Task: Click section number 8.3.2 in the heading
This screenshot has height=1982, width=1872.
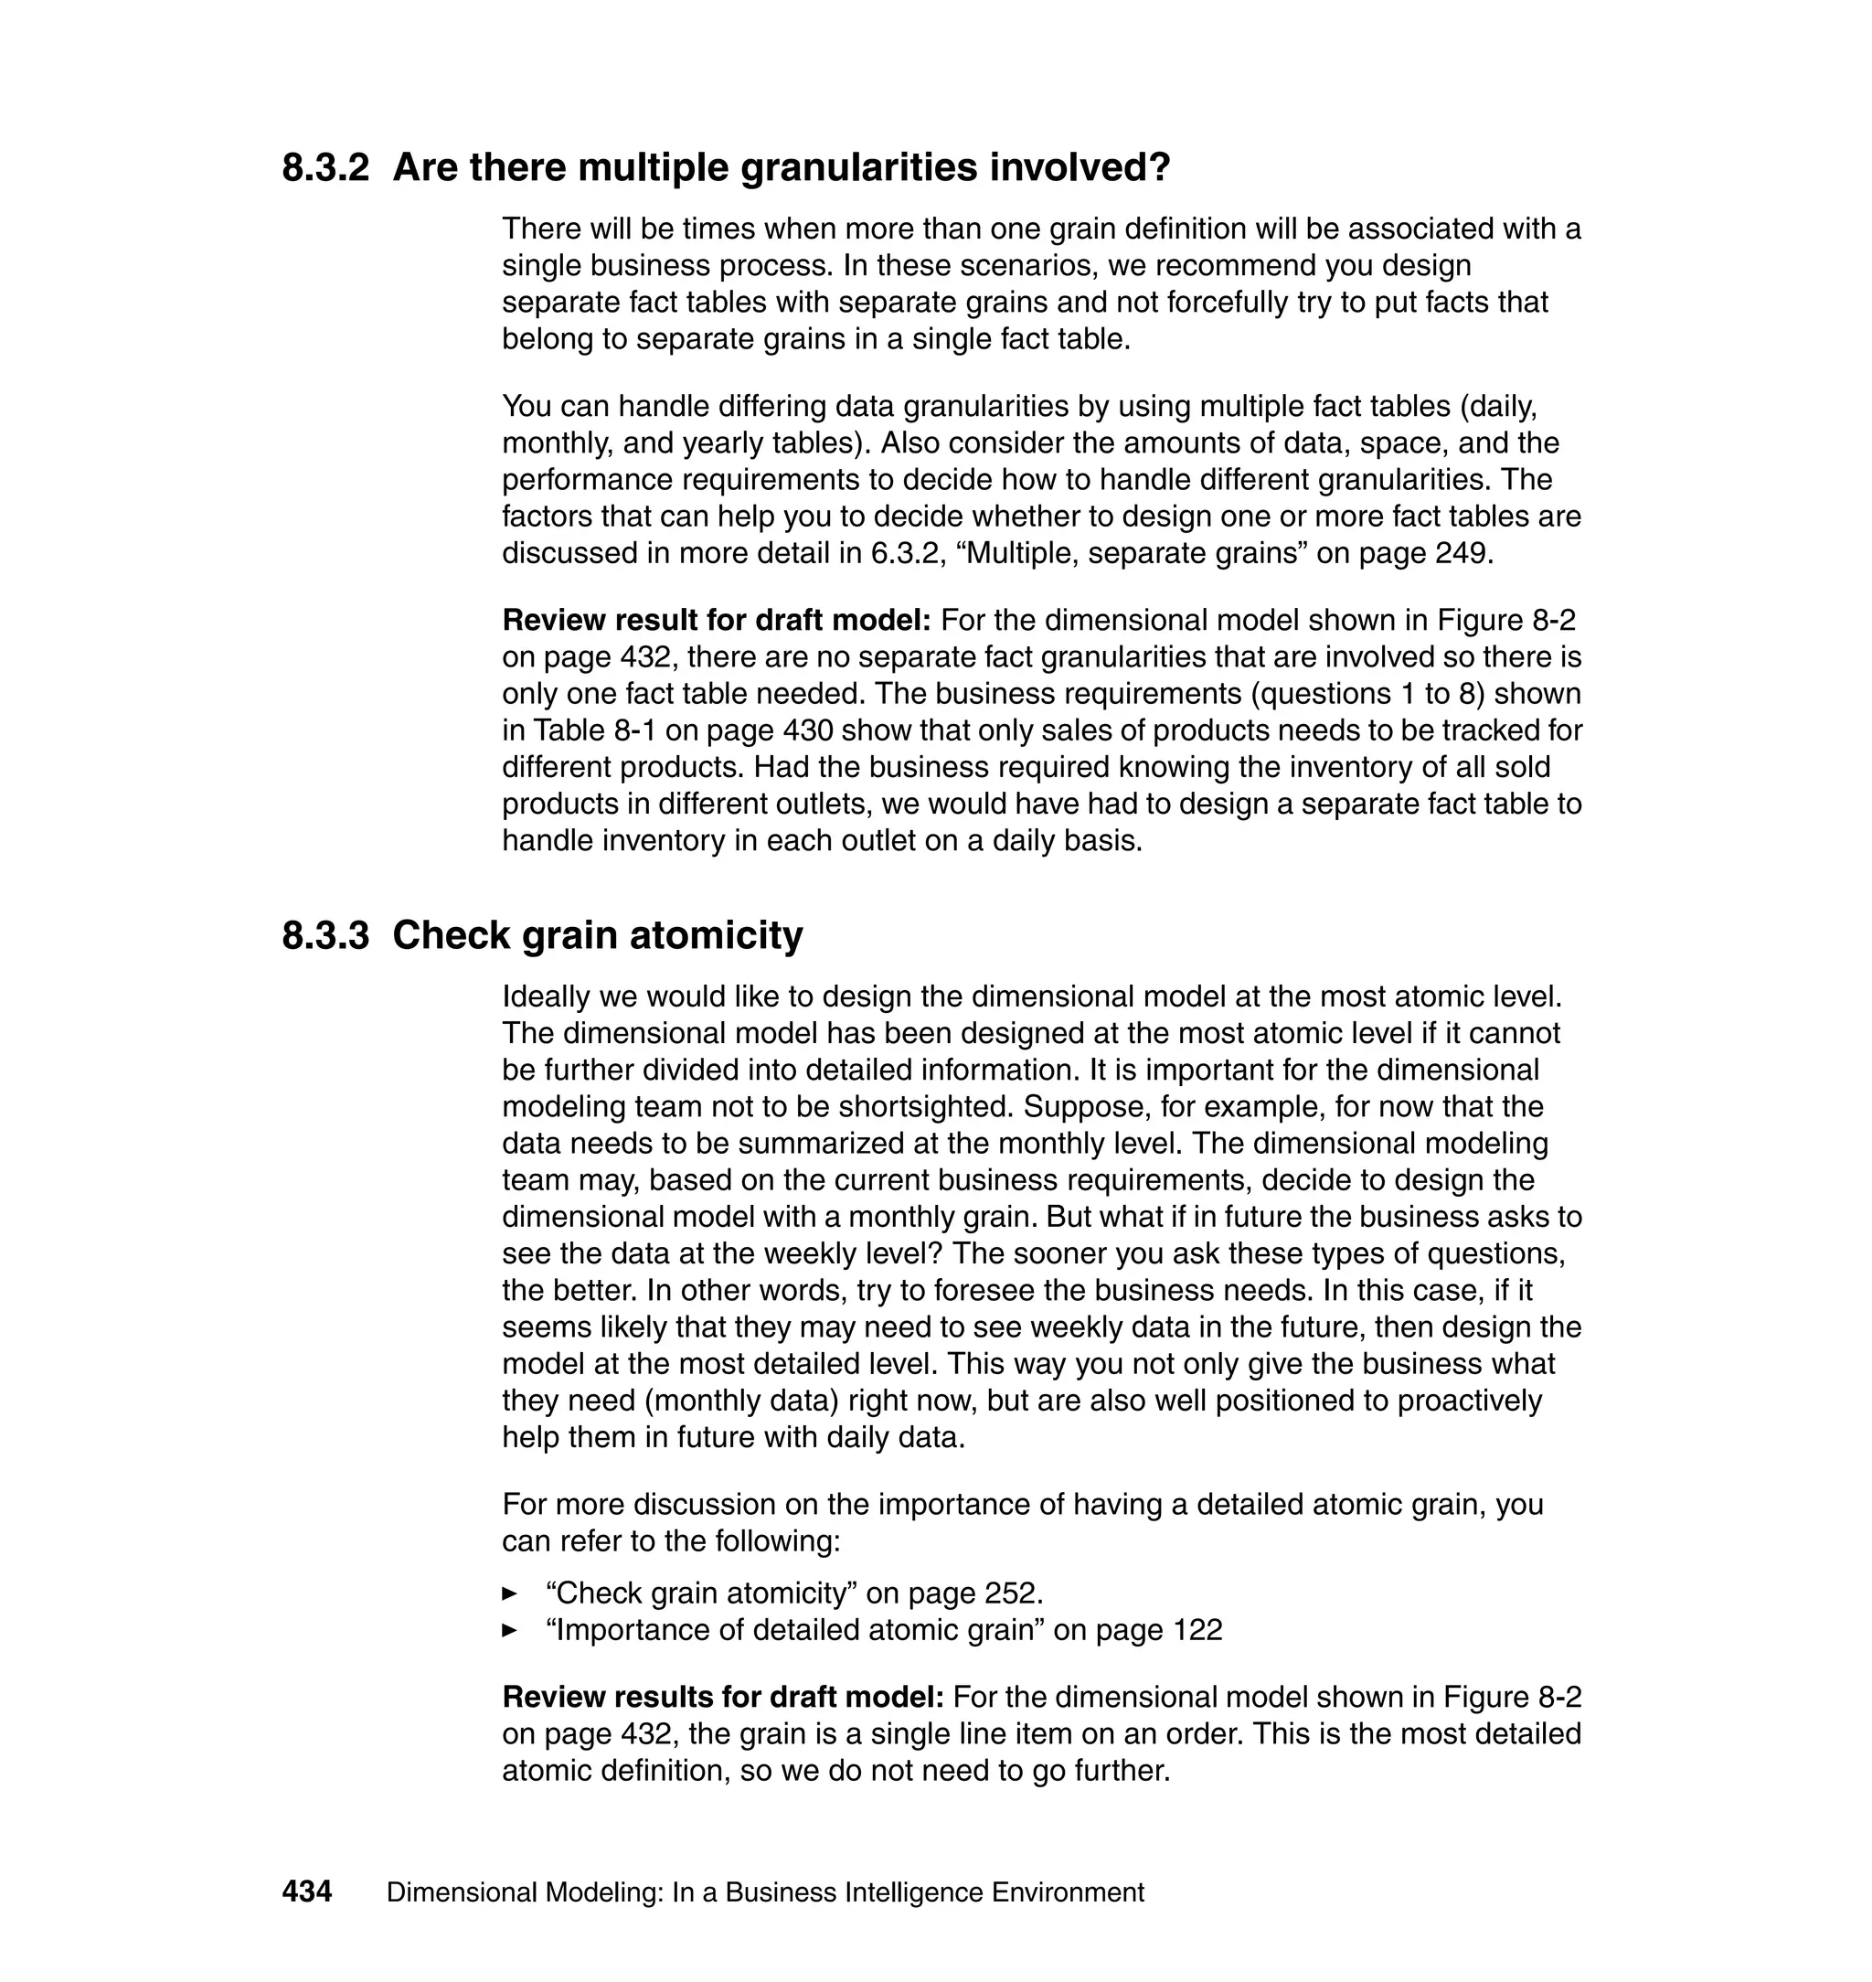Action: pos(325,167)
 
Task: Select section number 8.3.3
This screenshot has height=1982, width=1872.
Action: pos(325,936)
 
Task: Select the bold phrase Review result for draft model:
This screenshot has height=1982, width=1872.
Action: pos(716,621)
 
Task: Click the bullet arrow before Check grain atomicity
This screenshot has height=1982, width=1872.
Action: pos(510,1593)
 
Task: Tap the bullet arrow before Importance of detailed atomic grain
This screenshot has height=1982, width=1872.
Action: pos(510,1631)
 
